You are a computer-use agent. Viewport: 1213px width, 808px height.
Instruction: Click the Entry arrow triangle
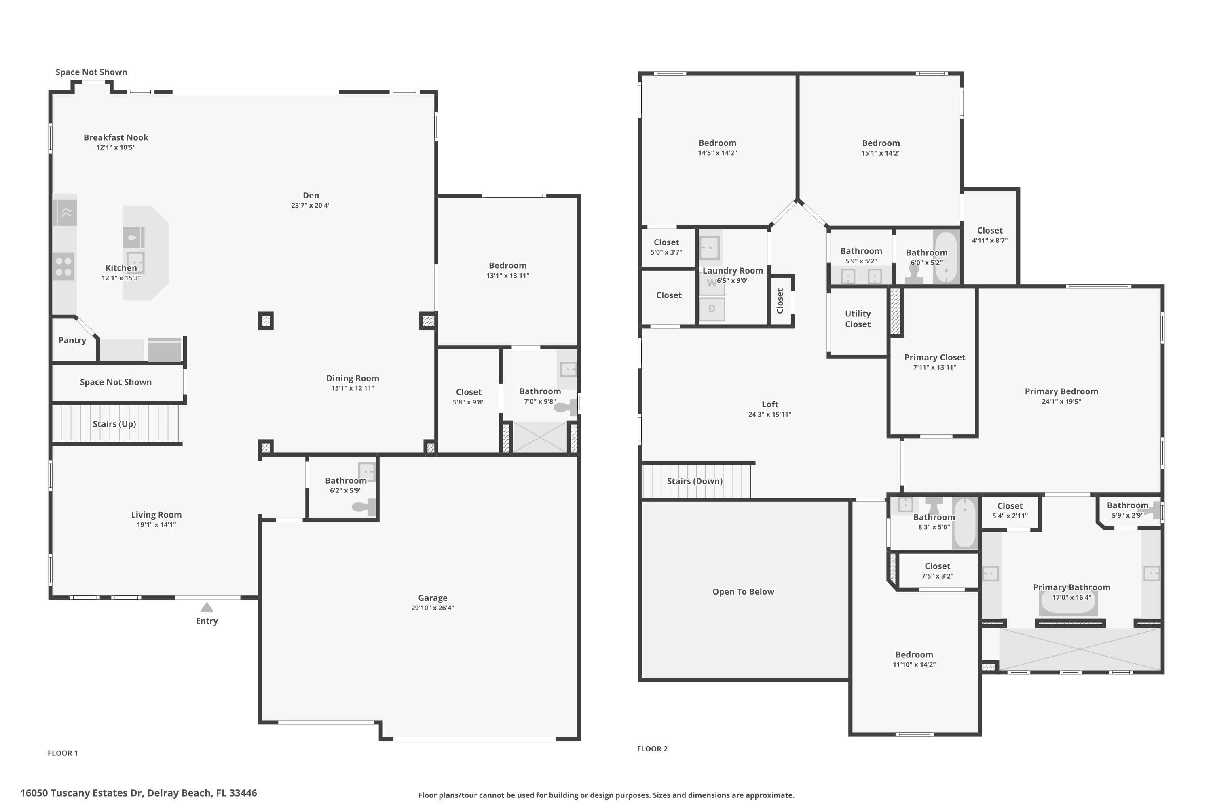click(x=207, y=607)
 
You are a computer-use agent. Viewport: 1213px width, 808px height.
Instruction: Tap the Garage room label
click(x=433, y=598)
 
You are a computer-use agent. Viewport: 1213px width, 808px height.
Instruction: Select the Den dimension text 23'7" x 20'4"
click(x=311, y=205)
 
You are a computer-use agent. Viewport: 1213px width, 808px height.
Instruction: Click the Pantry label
click(x=72, y=340)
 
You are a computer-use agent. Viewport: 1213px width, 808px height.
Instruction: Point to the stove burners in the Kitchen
click(x=64, y=266)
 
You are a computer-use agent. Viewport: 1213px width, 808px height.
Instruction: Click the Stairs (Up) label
click(x=114, y=424)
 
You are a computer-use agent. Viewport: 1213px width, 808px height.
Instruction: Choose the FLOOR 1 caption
click(x=63, y=753)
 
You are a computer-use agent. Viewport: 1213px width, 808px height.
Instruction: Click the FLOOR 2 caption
click(x=653, y=749)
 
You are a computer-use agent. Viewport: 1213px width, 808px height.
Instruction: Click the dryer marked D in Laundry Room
click(x=712, y=309)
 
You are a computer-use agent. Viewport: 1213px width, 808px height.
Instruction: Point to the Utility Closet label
click(x=858, y=319)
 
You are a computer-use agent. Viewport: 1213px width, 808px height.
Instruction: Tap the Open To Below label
click(x=743, y=591)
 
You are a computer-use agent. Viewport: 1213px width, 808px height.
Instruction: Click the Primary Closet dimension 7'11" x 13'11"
click(x=934, y=367)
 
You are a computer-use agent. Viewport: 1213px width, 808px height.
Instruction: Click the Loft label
click(x=770, y=404)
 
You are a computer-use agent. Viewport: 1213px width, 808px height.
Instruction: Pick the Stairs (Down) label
click(x=695, y=481)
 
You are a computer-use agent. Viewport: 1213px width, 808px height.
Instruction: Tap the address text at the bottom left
click(x=139, y=793)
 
